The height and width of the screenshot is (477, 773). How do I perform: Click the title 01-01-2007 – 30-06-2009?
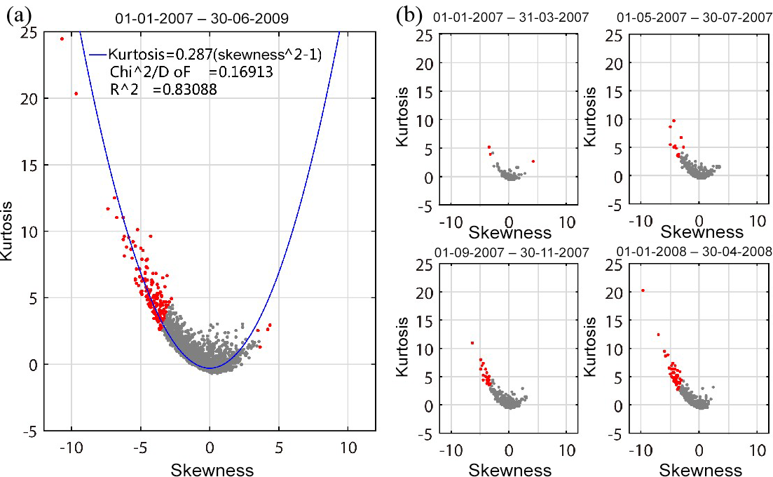(x=210, y=16)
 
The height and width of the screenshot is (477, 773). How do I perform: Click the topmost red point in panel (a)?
(x=62, y=39)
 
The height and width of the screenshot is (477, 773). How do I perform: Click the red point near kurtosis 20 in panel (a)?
(x=76, y=93)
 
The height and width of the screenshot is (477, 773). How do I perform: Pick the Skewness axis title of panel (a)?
(x=209, y=468)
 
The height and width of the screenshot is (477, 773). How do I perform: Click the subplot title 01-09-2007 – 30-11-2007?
(x=509, y=252)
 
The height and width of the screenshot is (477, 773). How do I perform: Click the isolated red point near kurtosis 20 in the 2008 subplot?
(x=643, y=290)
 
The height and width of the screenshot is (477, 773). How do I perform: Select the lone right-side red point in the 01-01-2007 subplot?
(x=533, y=161)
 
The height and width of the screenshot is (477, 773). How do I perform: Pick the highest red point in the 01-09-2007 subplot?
(x=472, y=343)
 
